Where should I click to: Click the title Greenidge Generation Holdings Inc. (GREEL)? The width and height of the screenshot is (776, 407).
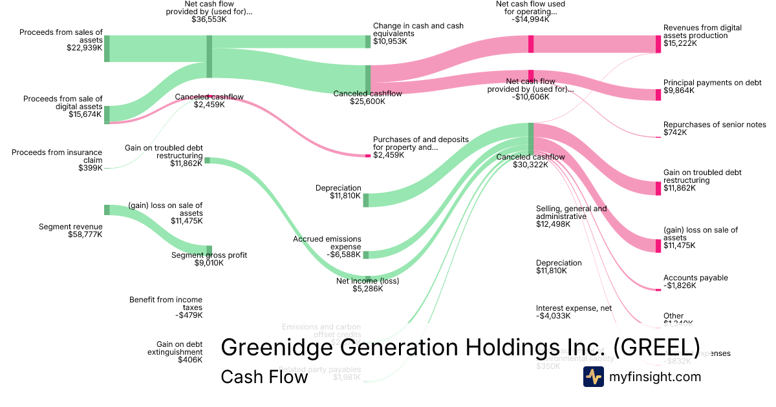click(x=460, y=347)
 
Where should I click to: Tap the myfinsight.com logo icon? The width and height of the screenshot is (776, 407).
click(x=593, y=377)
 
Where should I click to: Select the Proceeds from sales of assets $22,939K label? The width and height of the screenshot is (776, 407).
click(x=61, y=39)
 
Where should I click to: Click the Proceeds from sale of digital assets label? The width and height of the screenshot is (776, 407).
click(x=63, y=107)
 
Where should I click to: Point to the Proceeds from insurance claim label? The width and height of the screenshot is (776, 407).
click(x=57, y=160)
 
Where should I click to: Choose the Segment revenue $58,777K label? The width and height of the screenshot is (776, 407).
click(x=70, y=231)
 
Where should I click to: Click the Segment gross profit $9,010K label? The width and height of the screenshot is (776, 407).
click(x=209, y=259)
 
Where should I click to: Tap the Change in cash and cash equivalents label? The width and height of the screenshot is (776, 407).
click(x=418, y=34)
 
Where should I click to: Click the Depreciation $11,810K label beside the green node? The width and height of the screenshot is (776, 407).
click(x=338, y=192)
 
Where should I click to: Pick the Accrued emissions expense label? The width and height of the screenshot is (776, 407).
click(x=327, y=247)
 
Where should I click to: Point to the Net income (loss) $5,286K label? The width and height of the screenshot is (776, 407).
click(x=367, y=285)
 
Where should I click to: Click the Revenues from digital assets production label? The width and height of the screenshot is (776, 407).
click(x=702, y=36)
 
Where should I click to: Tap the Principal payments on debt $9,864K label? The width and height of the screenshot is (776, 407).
click(x=704, y=87)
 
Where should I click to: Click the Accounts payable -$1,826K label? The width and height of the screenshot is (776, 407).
click(x=695, y=282)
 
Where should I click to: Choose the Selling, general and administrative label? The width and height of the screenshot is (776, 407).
click(x=571, y=216)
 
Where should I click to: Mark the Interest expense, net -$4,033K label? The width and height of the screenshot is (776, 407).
click(x=574, y=312)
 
